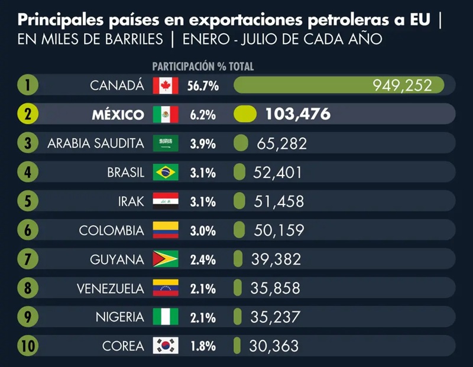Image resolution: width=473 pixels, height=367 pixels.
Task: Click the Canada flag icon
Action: (x=166, y=86)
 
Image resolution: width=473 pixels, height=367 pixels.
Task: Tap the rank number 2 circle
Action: (x=28, y=115)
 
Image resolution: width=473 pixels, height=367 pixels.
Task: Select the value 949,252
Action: (x=407, y=86)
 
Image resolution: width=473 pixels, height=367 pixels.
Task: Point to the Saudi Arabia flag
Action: (x=166, y=144)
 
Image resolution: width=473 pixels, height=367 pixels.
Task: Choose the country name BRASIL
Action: (x=125, y=173)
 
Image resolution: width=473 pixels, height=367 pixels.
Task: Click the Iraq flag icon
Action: (x=166, y=202)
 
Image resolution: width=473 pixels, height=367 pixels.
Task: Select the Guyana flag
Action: (x=166, y=259)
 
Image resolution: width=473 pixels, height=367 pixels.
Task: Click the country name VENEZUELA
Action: (x=110, y=288)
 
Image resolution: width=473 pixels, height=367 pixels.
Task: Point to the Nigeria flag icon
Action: (x=166, y=317)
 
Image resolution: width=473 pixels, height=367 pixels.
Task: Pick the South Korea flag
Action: (x=166, y=346)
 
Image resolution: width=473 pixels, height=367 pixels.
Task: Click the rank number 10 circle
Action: (x=28, y=346)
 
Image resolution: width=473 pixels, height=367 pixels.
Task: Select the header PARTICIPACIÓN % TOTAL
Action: (x=203, y=67)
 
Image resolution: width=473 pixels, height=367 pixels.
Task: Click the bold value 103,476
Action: (x=298, y=115)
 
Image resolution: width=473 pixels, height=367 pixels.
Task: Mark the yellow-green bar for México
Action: (x=245, y=115)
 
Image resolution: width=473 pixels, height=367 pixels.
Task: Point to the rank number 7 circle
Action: (x=28, y=259)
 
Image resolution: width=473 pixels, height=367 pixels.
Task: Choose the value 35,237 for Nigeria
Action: (x=275, y=317)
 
